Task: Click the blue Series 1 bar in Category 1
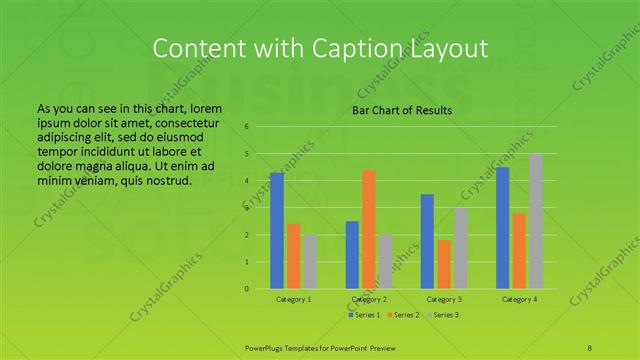277,231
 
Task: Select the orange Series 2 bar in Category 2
369,229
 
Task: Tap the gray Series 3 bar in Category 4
536,221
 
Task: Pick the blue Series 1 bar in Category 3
427,241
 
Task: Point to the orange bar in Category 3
444,264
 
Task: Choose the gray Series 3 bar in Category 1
310,262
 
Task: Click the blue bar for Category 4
503,228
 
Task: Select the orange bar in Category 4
520,251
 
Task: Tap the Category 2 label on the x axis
369,299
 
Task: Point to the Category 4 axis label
519,299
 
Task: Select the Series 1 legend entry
364,315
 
